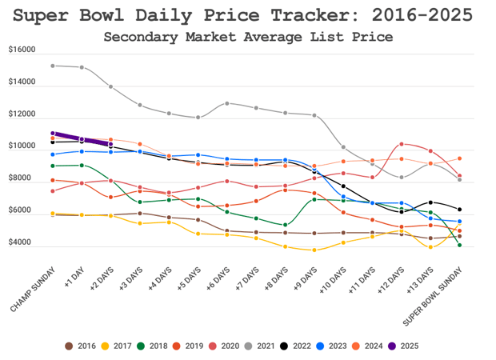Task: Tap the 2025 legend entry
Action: tap(403, 346)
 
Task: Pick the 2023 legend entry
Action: tap(332, 346)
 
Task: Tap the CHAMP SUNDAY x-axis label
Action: tap(32, 291)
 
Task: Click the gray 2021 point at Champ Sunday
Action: tap(52, 66)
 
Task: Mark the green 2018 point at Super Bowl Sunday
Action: tap(460, 245)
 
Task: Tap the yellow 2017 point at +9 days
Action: tap(314, 250)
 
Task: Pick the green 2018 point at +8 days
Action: tap(286, 225)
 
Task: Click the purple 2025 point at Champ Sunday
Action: tap(52, 134)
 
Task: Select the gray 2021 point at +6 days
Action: tap(227, 103)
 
